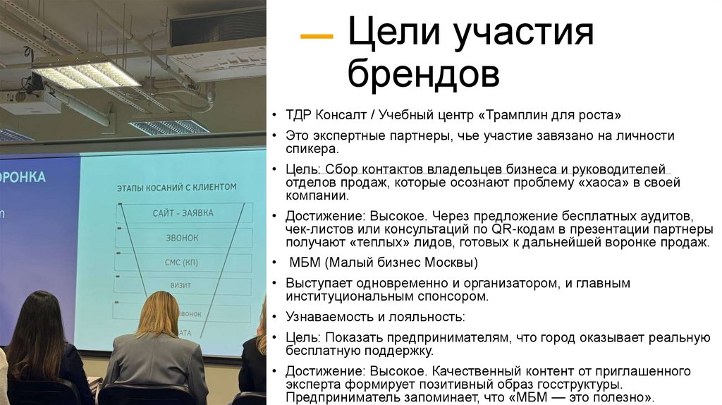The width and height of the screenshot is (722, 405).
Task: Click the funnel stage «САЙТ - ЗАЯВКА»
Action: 183,212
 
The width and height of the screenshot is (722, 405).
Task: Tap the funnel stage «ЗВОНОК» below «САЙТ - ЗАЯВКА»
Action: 182,238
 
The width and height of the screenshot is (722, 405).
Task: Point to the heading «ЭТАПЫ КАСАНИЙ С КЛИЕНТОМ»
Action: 176,187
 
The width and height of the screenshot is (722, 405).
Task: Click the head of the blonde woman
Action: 158,314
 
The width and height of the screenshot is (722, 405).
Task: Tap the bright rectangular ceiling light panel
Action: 85,73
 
